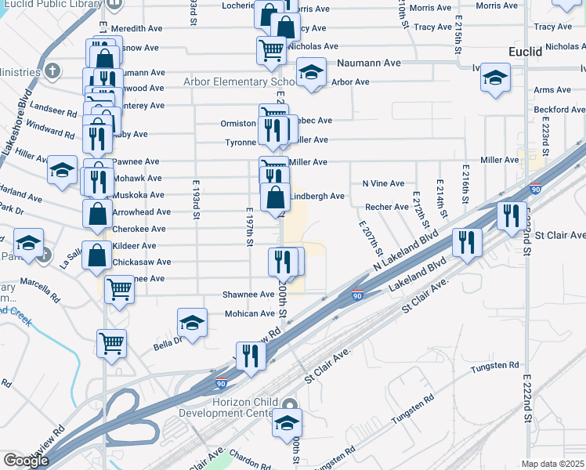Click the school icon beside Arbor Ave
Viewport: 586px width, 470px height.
pyautogui.click(x=311, y=74)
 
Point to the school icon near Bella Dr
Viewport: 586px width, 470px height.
pyautogui.click(x=192, y=322)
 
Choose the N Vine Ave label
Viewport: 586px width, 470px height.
pyautogui.click(x=383, y=183)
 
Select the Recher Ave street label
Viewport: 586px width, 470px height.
pyautogui.click(x=387, y=207)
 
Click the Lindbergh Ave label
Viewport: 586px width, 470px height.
pyautogui.click(x=317, y=196)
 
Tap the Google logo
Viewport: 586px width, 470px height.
pyautogui.click(x=26, y=461)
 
